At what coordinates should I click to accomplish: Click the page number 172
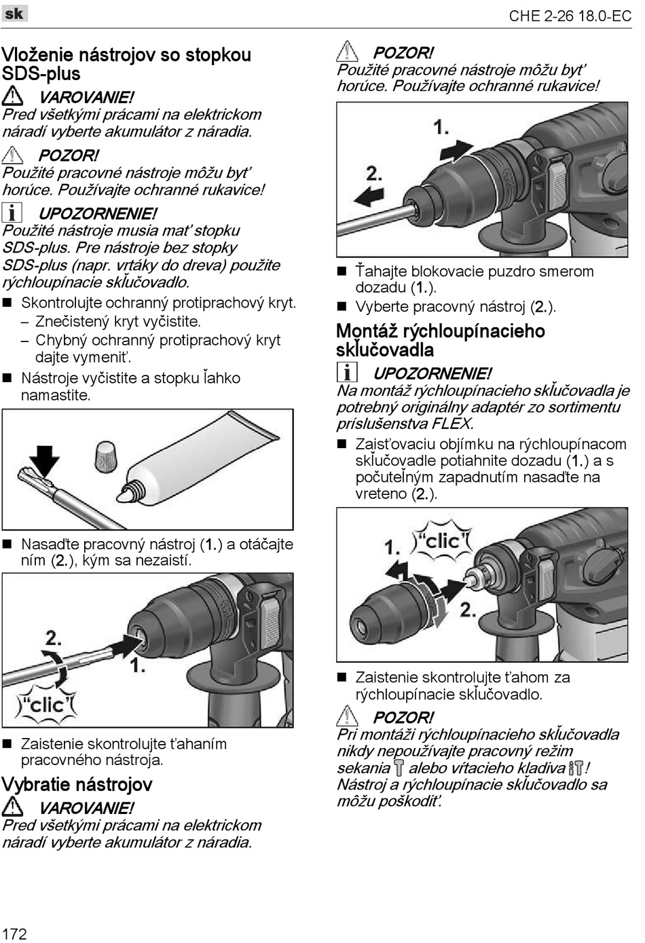pyautogui.click(x=14, y=933)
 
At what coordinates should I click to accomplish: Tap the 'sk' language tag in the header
pyautogui.click(x=14, y=13)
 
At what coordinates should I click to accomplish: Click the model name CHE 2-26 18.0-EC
pyautogui.click(x=570, y=16)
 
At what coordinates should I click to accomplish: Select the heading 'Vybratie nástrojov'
pyautogui.click(x=77, y=785)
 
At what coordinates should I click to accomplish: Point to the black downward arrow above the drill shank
pyautogui.click(x=45, y=460)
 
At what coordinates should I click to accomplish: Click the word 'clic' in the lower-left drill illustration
pyautogui.click(x=46, y=705)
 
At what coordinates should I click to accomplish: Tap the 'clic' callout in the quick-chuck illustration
pyautogui.click(x=443, y=541)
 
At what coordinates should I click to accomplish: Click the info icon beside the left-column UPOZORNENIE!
pyautogui.click(x=12, y=213)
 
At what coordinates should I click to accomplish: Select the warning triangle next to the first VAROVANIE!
pyautogui.click(x=12, y=96)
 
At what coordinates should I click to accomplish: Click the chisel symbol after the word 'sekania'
pyautogui.click(x=399, y=768)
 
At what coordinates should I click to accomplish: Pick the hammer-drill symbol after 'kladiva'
pyautogui.click(x=576, y=768)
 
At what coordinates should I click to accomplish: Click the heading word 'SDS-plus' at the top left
pyautogui.click(x=41, y=74)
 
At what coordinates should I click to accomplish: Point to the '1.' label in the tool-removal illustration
pyautogui.click(x=441, y=127)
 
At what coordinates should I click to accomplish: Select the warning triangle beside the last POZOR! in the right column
pyautogui.click(x=347, y=716)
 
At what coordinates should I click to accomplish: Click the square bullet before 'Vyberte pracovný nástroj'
pyautogui.click(x=342, y=307)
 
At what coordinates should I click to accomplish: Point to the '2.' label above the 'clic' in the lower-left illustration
pyautogui.click(x=54, y=637)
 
